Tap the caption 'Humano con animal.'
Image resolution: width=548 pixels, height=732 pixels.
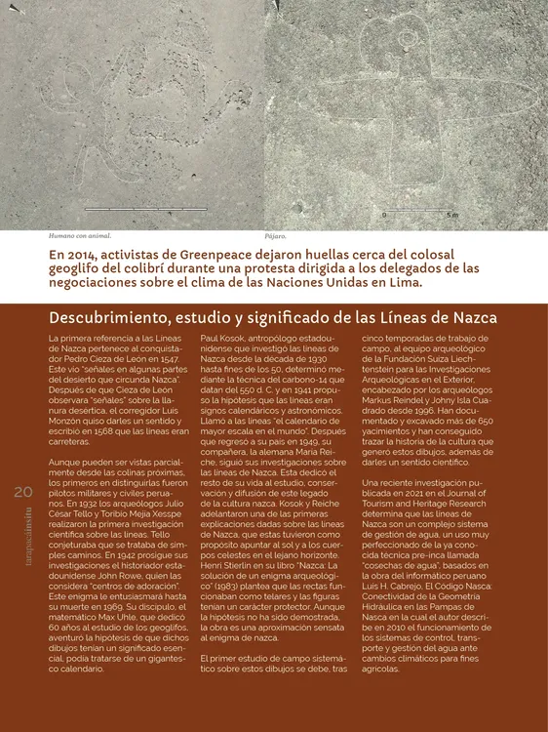click(x=80, y=236)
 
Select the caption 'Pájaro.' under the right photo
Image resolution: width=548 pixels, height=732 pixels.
click(x=275, y=236)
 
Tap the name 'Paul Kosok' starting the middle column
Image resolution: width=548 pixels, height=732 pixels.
click(x=224, y=338)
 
